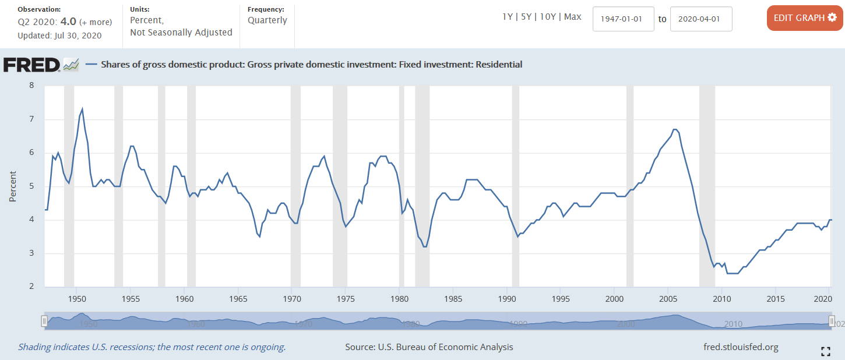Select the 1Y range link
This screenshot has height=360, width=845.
click(508, 17)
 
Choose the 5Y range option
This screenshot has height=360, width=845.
click(526, 17)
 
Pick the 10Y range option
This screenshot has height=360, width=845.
click(547, 17)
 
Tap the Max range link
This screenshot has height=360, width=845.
click(572, 17)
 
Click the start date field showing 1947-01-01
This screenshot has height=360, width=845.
click(623, 19)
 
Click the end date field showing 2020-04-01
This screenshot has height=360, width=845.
click(701, 19)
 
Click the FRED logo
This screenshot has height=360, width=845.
click(32, 65)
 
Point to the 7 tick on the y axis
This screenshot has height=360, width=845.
click(31, 119)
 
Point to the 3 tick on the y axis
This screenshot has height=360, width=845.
click(31, 253)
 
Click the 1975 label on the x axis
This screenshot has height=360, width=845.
click(346, 299)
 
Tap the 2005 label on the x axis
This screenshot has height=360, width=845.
click(668, 299)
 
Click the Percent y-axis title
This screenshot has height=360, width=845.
click(12, 186)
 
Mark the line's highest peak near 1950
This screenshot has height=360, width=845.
click(82, 109)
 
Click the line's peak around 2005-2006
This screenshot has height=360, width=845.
click(674, 129)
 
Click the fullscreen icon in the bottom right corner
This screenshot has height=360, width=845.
click(825, 351)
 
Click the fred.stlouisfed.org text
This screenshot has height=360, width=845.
click(741, 347)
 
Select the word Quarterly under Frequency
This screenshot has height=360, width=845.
click(267, 20)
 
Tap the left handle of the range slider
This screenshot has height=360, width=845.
click(44, 321)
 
